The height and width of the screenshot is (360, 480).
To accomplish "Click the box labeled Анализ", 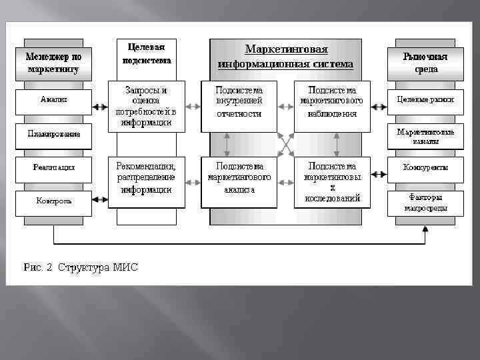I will coord(54,100).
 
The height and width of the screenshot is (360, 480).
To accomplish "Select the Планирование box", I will coord(54,133).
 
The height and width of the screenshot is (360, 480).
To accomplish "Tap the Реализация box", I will coord(54,168).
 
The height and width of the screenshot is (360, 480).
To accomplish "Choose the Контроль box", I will coord(54,201).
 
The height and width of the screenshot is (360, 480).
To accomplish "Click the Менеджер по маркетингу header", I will coord(53,62).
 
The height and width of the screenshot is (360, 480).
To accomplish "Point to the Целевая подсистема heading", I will coord(146,53).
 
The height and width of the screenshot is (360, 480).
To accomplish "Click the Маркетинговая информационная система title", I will coord(286,57).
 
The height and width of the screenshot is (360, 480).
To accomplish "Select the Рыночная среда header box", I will coord(425,62).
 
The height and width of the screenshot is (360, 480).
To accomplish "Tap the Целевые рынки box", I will coord(425,100).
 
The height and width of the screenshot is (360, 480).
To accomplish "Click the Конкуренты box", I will coord(425,168).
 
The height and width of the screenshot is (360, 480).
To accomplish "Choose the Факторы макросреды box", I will coord(425,203).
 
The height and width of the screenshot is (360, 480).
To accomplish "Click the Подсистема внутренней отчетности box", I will coord(239,101).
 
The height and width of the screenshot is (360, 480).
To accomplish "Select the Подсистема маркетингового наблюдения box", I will coord(332,101).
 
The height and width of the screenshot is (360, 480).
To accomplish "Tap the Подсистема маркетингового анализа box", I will coord(239,177).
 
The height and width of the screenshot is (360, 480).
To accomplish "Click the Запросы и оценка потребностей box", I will coord(146,105).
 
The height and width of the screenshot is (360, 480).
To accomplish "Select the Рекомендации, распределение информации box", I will coord(146,177).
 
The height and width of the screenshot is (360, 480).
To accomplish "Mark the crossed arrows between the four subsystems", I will coord(286,143).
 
